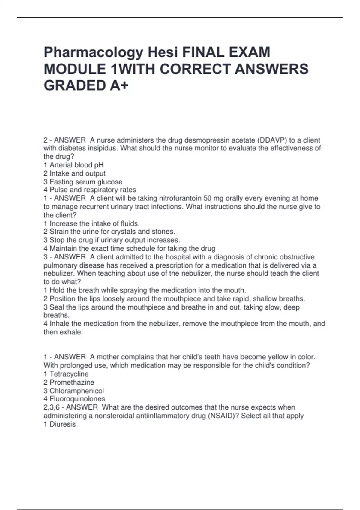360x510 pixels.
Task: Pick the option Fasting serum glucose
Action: [x=83, y=182]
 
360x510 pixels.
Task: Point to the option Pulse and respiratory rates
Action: [x=90, y=190]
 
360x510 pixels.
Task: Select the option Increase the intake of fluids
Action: [x=91, y=223]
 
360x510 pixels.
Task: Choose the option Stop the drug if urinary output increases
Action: [x=112, y=240]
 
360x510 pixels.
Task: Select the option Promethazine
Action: [x=69, y=382]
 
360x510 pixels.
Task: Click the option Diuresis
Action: [x=59, y=424]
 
